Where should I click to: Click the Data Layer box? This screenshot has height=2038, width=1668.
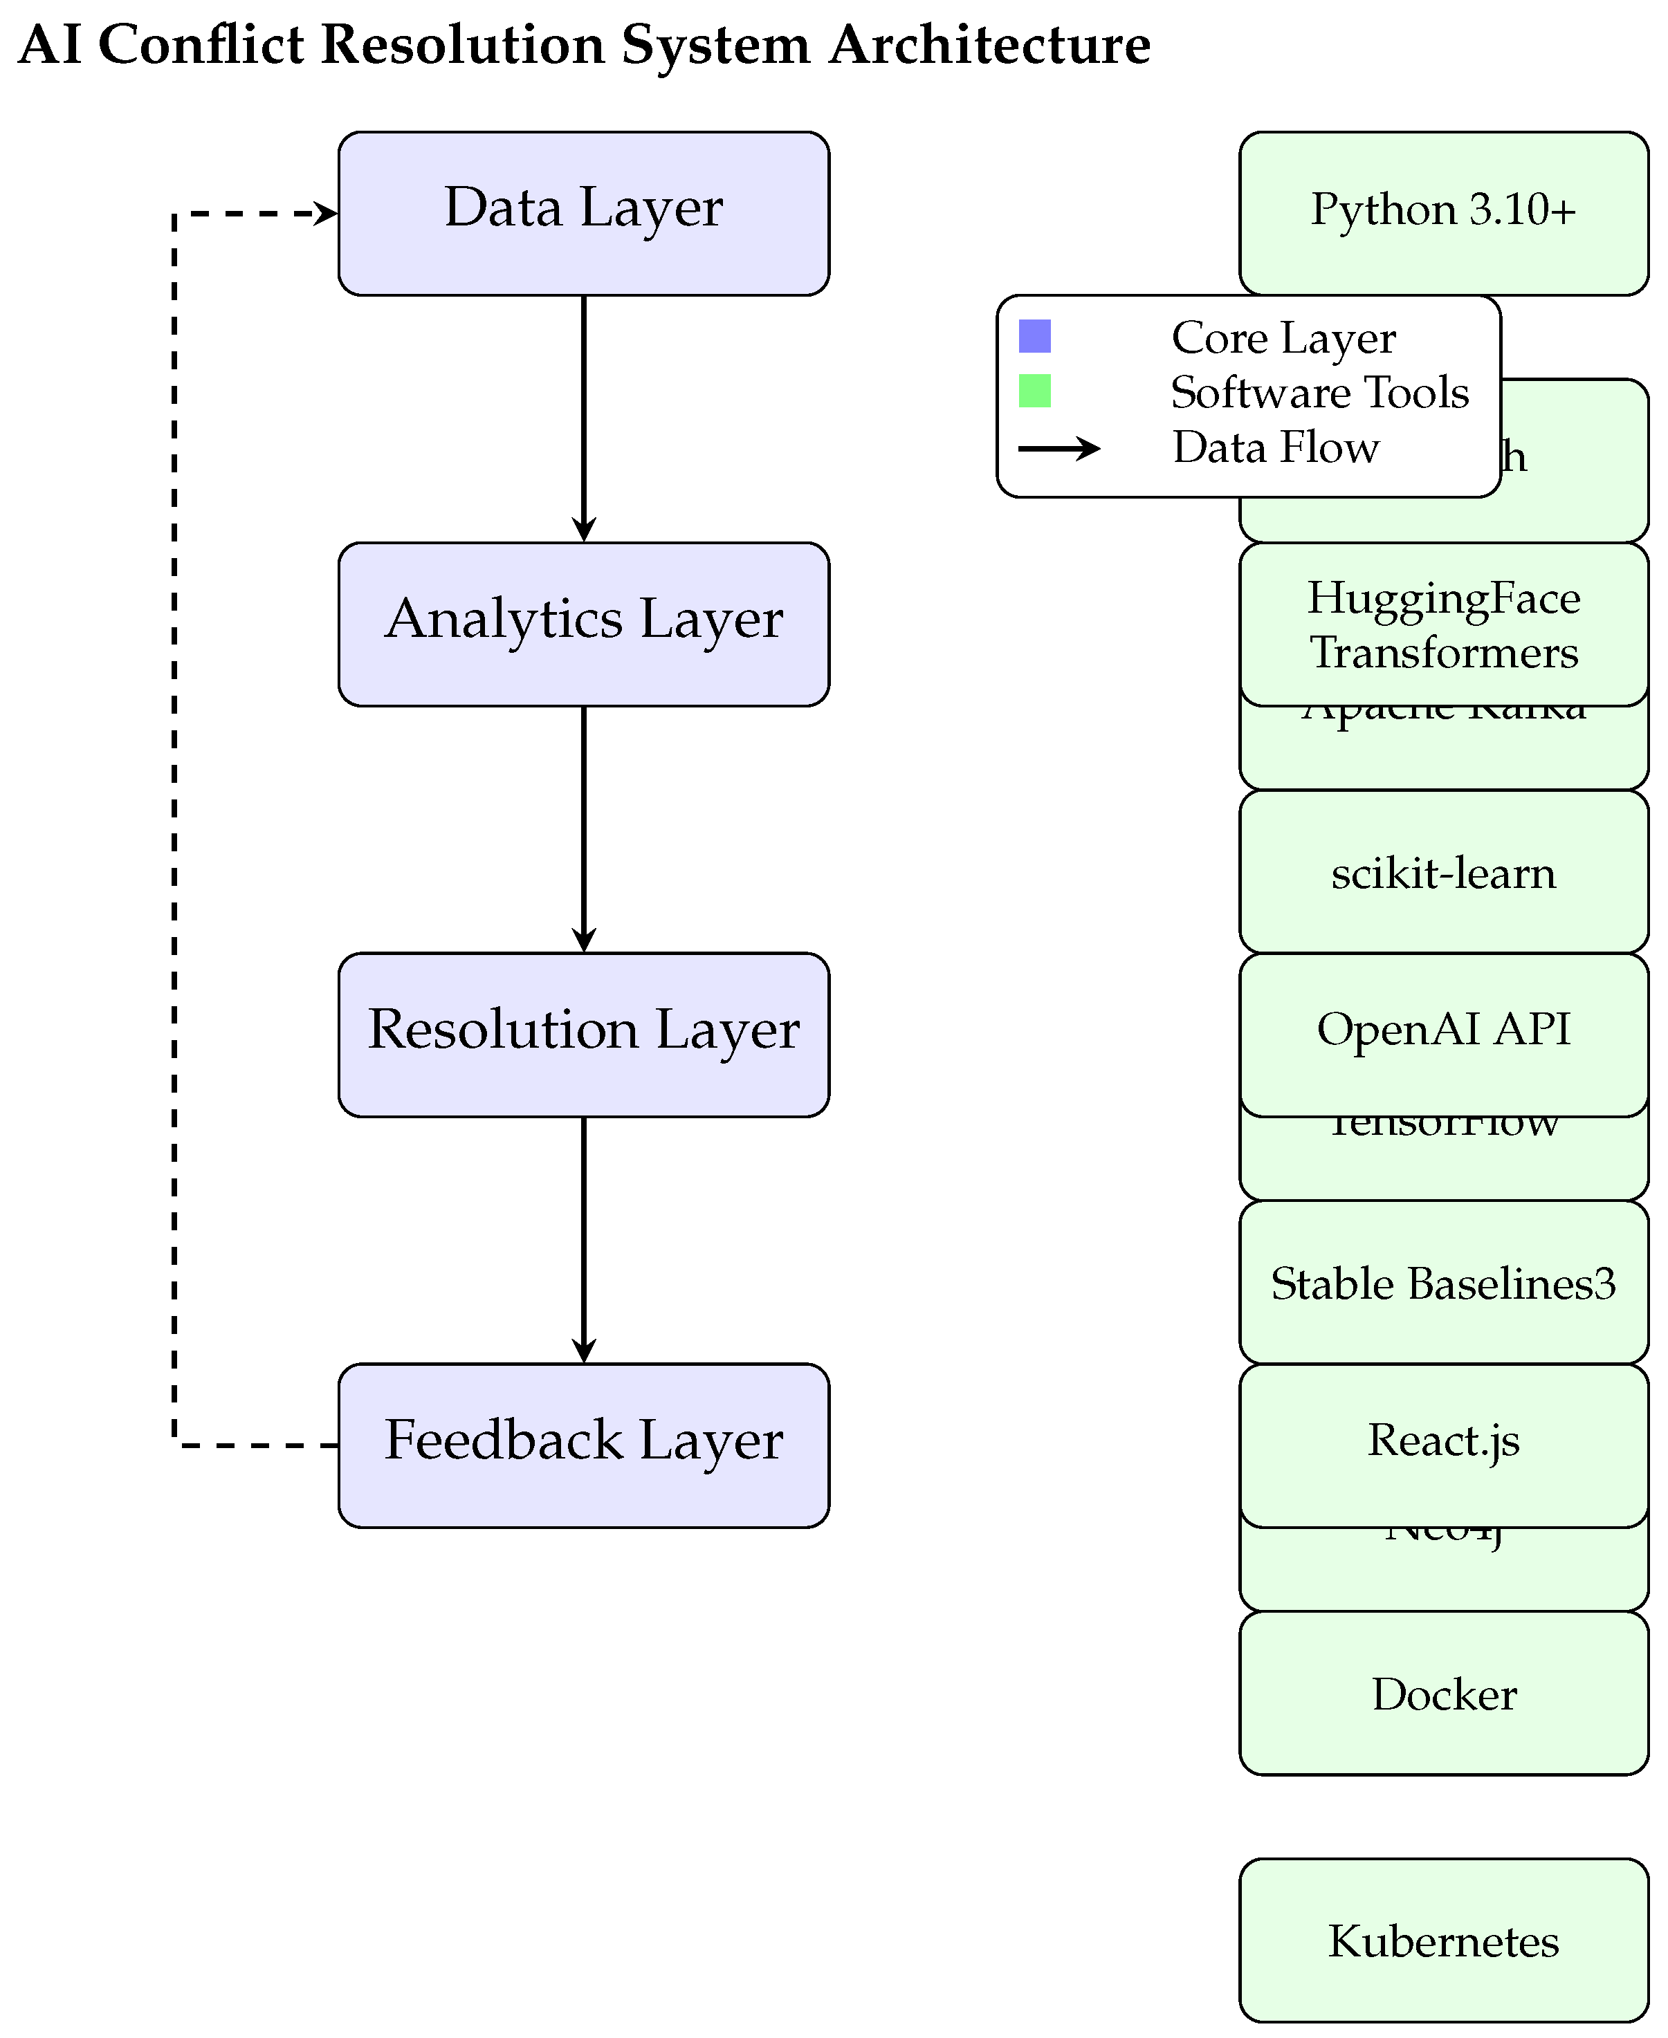(583, 213)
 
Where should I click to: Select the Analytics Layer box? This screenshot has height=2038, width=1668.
(583, 624)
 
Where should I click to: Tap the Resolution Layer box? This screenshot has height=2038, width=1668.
(583, 1035)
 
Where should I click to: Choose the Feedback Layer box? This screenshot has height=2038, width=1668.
(583, 1445)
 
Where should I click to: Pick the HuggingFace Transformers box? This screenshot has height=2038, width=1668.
(1443, 624)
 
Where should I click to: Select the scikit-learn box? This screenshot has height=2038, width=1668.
(1443, 872)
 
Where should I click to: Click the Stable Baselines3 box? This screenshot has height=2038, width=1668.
(1443, 1283)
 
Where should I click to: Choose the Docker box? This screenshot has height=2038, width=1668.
(1443, 1693)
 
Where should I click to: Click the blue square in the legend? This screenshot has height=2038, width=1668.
(1035, 336)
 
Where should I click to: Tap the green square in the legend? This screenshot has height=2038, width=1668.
(1035, 391)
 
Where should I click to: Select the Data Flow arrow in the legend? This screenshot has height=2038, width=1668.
(1058, 447)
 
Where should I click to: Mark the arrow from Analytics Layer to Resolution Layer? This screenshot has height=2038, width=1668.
(583, 830)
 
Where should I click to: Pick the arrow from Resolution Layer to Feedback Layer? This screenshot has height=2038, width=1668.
(583, 1240)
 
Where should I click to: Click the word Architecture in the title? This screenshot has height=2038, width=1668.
(989, 45)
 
